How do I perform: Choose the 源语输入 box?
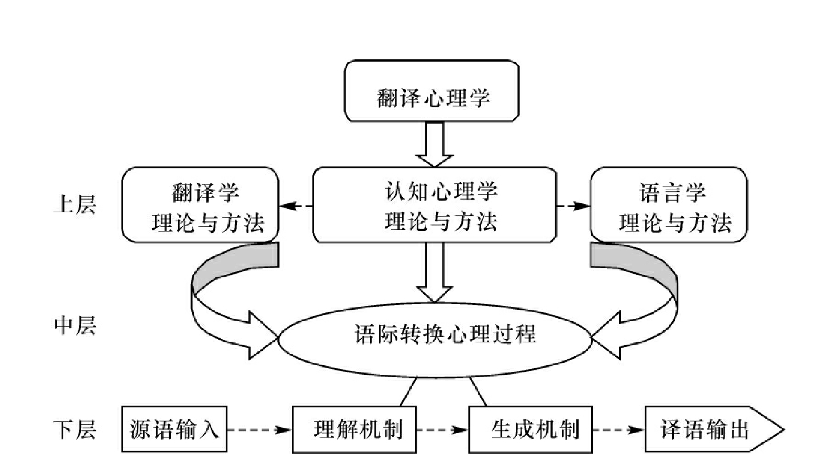tap(174, 429)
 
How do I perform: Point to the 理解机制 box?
tap(355, 429)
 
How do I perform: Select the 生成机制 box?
tap(531, 429)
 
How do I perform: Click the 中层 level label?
tap(74, 326)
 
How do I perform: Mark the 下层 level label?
tap(74, 429)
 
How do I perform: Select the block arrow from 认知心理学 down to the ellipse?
tap(434, 272)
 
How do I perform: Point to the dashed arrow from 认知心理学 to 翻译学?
tap(296, 205)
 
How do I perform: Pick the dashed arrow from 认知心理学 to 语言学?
tap(573, 205)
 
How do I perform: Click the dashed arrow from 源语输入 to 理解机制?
tap(259, 430)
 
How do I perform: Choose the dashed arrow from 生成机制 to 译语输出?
tap(619, 430)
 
